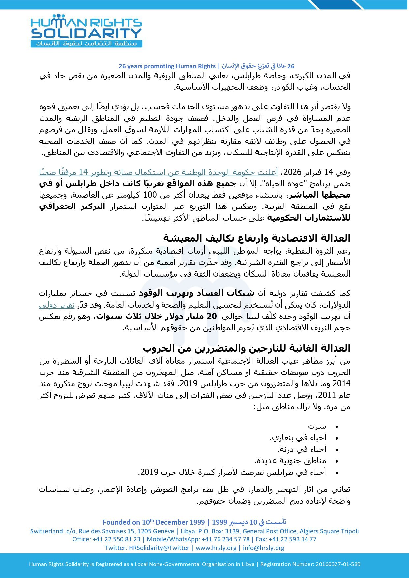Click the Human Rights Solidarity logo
tap(86, 31)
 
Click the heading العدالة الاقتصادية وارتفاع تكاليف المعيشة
tap(257, 238)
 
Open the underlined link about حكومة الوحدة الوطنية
tap(158, 172)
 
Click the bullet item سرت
tap(317, 427)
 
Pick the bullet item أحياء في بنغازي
tap(298, 438)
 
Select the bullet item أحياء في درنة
tap(302, 449)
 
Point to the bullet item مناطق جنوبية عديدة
tap(290, 461)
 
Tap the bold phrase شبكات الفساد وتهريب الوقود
tap(197, 293)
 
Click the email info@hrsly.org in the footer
tap(263, 548)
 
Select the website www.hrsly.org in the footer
tap(216, 548)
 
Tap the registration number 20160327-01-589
tap(338, 564)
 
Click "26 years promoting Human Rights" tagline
tap(167, 66)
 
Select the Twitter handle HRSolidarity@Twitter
tap(159, 548)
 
